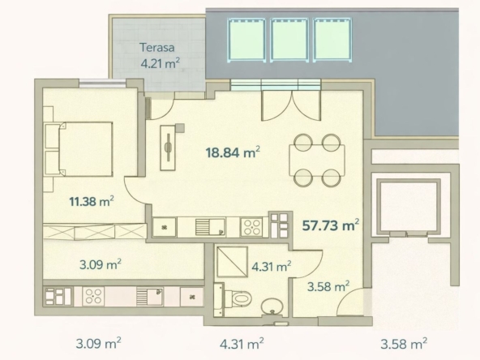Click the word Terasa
click(x=157, y=48)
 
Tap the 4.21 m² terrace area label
click(x=160, y=63)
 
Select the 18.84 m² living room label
click(x=233, y=152)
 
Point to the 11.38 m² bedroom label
click(x=92, y=201)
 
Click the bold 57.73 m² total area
click(x=331, y=225)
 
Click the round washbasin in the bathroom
click(x=272, y=306)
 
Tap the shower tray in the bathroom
click(x=233, y=261)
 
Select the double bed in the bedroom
click(x=79, y=149)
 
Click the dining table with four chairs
click(x=317, y=160)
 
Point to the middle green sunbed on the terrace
click(x=289, y=40)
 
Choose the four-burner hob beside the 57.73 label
click(x=251, y=227)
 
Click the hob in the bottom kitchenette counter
click(x=93, y=296)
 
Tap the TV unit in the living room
click(x=168, y=148)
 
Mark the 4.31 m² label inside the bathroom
click(x=272, y=267)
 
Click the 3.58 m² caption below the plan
click(x=404, y=344)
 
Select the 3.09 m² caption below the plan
click(x=98, y=344)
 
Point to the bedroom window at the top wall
click(x=102, y=82)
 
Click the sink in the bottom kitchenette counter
click(x=150, y=296)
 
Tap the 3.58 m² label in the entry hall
click(x=328, y=287)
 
